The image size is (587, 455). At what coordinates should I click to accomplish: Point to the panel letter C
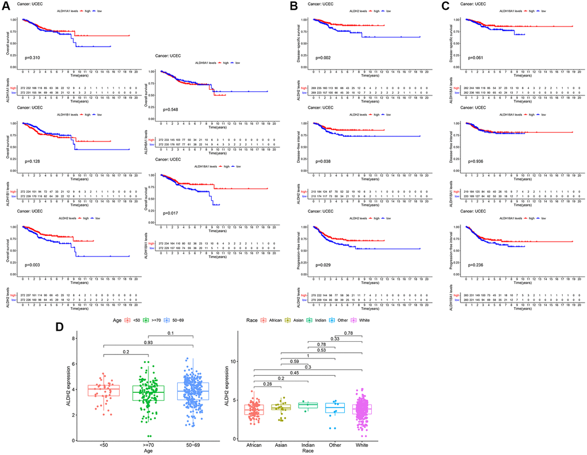coord(445,7)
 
